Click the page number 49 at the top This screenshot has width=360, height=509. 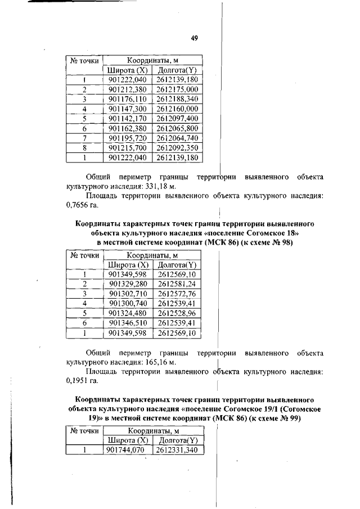point(193,38)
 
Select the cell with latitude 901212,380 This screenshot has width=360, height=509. point(127,89)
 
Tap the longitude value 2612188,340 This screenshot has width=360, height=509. point(177,99)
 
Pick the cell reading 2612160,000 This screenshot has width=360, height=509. point(177,109)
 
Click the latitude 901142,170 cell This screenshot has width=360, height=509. point(127,119)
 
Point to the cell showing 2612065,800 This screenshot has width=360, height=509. point(177,128)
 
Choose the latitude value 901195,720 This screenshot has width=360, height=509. point(127,138)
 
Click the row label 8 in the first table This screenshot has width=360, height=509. point(84,148)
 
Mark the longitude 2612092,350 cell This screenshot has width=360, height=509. point(177,148)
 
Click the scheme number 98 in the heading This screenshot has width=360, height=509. point(287,242)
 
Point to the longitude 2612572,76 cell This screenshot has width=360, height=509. point(177,294)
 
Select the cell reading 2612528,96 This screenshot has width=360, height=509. point(177,313)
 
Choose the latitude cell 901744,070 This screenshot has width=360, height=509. point(127,450)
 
